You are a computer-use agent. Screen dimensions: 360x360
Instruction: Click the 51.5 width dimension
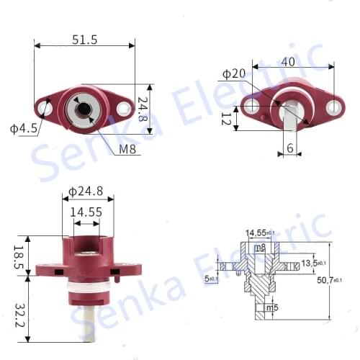tap(84, 40)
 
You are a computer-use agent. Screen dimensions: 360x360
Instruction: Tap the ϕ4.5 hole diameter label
tap(24, 130)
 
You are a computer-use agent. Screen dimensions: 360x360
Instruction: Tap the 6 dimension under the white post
tap(289, 148)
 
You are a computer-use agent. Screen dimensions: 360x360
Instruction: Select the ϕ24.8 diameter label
tap(86, 192)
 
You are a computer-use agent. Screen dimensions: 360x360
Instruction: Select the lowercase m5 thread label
tap(272, 308)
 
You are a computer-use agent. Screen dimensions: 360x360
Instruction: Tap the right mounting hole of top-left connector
tap(123, 109)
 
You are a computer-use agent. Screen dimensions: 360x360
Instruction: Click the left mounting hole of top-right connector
tap(251, 107)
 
